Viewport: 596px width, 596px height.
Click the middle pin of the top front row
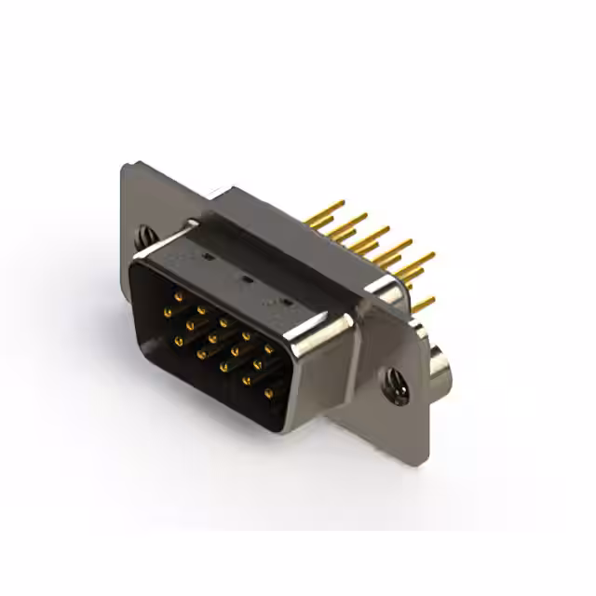click(x=223, y=322)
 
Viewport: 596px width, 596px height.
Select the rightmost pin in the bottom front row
click(x=269, y=394)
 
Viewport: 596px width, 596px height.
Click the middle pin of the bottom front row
click(x=224, y=367)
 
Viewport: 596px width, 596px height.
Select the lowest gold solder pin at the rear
click(x=424, y=304)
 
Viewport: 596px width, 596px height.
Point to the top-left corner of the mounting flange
click(x=127, y=164)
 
